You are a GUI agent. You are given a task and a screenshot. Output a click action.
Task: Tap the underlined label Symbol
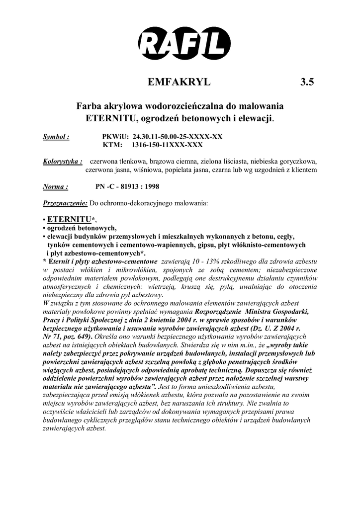click(x=56, y=136)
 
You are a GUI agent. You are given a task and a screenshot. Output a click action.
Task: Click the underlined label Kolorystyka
click(x=62, y=162)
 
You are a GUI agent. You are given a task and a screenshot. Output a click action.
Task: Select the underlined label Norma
click(x=55, y=187)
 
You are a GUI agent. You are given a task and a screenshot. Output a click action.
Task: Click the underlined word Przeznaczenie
click(x=65, y=203)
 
